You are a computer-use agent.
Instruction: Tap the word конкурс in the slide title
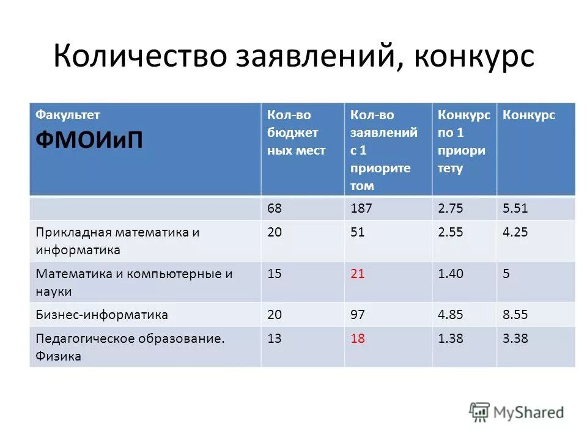[x=474, y=57]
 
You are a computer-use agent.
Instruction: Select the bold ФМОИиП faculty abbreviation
[x=89, y=139]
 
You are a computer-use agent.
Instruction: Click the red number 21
[x=357, y=274]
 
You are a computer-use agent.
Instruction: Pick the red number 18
[x=357, y=339]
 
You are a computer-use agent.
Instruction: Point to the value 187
[x=361, y=208]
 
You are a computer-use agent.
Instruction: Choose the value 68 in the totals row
[x=275, y=208]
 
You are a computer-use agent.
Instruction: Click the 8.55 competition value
[x=515, y=315]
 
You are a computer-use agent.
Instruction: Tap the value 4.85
[x=451, y=315]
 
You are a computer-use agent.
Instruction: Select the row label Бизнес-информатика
[x=102, y=315]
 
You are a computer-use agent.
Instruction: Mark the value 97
[x=357, y=315]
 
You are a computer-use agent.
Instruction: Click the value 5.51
[x=515, y=208]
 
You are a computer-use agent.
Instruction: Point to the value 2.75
[x=451, y=208]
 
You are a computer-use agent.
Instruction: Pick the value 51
[x=357, y=232]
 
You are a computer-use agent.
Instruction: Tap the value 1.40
[x=451, y=274]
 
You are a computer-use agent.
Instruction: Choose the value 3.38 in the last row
[x=515, y=339]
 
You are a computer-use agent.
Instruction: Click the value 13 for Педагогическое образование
[x=275, y=339]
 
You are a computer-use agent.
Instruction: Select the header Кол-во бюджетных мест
[x=296, y=133]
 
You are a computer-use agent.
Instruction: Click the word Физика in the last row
[x=58, y=356]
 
